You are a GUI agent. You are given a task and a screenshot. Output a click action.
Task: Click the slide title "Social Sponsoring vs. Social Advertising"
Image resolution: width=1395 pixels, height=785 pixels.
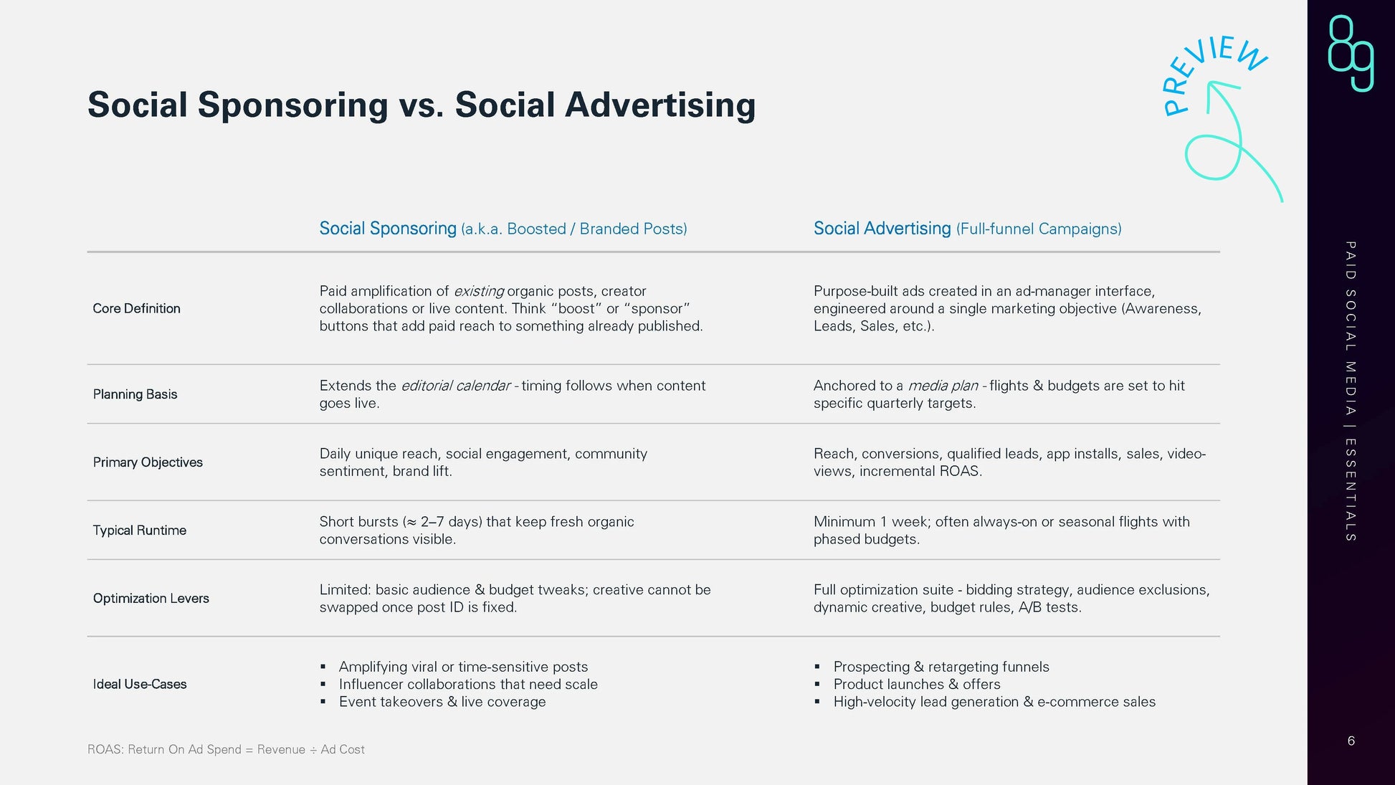(422, 105)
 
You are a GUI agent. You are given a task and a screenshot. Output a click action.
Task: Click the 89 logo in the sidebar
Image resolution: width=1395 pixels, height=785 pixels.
(1351, 53)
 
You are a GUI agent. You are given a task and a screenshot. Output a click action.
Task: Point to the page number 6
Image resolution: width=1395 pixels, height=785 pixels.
(1351, 741)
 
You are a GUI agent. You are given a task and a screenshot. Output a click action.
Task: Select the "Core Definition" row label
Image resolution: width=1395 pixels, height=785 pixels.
(136, 308)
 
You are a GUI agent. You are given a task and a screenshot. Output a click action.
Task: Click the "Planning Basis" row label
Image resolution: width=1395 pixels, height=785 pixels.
(135, 394)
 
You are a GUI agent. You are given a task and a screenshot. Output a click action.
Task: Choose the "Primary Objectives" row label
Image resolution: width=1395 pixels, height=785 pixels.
(148, 462)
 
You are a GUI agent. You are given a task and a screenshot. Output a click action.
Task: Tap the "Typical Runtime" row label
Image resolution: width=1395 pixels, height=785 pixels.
(139, 531)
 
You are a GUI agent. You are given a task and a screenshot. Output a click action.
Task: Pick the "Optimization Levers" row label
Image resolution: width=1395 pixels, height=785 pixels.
(151, 599)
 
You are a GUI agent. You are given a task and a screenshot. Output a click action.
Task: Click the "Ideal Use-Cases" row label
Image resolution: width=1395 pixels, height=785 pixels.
(140, 684)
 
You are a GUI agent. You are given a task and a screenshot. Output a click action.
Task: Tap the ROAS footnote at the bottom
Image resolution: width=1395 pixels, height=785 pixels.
(226, 749)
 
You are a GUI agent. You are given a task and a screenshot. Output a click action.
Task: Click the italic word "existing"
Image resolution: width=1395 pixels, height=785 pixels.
(479, 291)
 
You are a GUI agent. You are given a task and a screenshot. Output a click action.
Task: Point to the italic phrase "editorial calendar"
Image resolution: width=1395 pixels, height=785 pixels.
(455, 386)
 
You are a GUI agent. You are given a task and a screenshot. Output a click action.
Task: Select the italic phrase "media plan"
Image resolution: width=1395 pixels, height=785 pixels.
(943, 386)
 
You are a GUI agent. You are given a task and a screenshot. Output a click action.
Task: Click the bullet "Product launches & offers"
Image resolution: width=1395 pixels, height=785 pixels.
(917, 684)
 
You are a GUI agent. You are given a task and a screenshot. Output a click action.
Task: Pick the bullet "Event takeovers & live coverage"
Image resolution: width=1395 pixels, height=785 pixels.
(442, 702)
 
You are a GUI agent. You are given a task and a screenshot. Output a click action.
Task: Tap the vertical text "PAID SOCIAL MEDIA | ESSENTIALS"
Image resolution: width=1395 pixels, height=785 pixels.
(1351, 391)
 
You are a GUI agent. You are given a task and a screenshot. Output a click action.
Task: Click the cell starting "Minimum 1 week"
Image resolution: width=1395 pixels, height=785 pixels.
(1001, 531)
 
